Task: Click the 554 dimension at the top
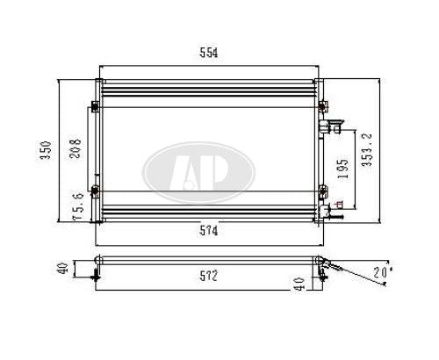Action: pos(209,53)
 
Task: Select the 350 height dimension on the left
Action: pos(46,150)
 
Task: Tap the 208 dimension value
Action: pos(76,148)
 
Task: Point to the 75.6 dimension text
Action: pos(78,206)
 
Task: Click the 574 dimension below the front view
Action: pos(209,231)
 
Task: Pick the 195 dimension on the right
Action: pos(343,169)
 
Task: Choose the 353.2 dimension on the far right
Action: pos(367,150)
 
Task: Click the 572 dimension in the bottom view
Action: pos(209,276)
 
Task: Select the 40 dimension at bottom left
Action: pos(63,268)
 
